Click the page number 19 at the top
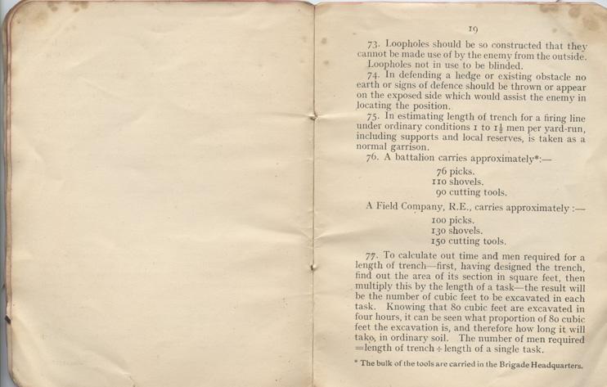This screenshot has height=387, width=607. pyautogui.click(x=473, y=29)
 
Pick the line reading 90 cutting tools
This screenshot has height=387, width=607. pyautogui.click(x=472, y=194)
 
